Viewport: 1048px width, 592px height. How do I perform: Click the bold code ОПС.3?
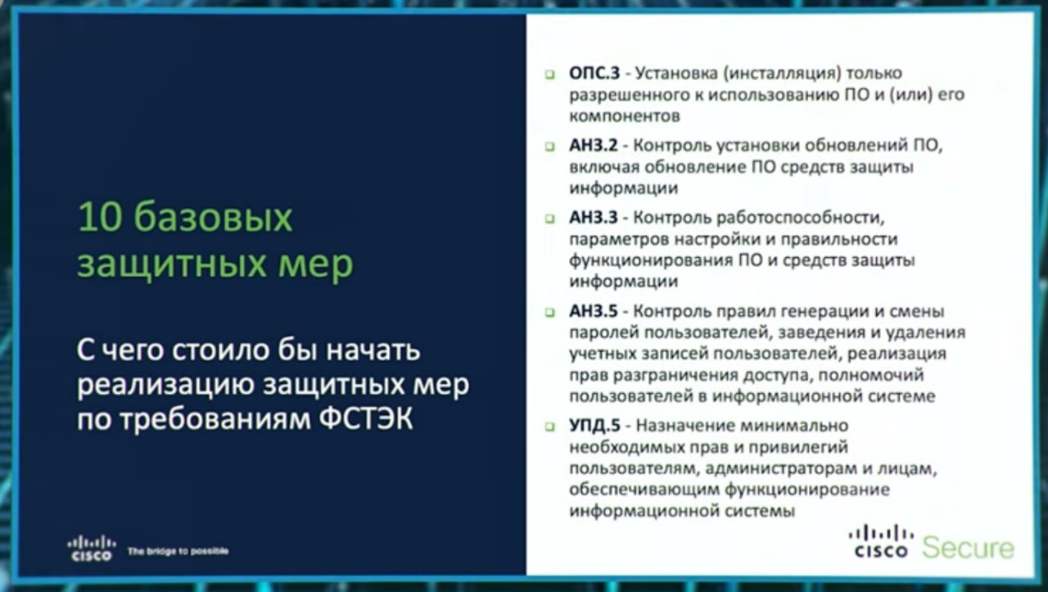point(594,73)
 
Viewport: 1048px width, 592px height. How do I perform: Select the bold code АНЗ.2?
point(594,146)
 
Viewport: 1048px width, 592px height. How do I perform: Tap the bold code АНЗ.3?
point(594,218)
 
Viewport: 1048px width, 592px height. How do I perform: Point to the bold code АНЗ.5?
point(594,311)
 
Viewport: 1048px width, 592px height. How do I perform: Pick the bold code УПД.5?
point(594,426)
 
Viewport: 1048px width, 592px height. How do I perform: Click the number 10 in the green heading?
point(100,218)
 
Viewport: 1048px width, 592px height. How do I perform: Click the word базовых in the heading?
point(214,218)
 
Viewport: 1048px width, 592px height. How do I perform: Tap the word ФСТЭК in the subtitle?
point(366,418)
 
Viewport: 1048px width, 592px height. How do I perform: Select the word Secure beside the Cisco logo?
point(968,548)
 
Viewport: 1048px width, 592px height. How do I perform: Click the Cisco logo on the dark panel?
point(91,548)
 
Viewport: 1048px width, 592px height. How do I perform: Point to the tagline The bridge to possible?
point(178,551)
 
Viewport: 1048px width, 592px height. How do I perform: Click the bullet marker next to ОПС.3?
point(550,74)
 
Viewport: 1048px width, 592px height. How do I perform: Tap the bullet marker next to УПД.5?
point(550,427)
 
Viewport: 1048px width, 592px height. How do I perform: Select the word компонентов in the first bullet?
point(625,116)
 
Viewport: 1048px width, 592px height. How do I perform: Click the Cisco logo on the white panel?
point(881,542)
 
